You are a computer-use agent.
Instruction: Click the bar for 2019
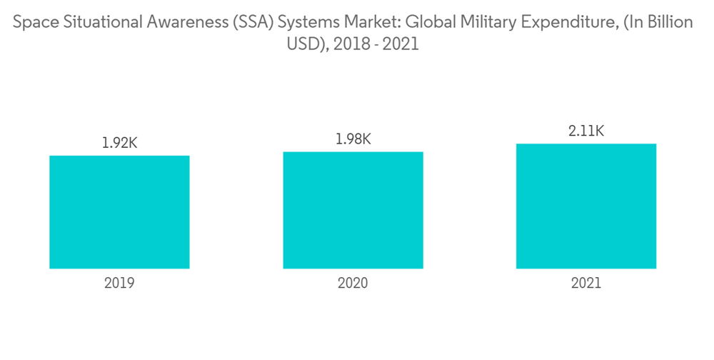119,212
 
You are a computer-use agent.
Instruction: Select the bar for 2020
353,210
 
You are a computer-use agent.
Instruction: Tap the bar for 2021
586,206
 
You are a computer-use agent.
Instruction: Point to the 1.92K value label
119,143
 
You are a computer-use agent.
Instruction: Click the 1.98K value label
353,139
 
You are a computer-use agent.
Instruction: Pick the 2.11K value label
586,131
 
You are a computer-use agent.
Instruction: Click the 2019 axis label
119,283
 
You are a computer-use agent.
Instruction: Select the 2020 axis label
353,283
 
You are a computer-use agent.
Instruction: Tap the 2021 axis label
586,283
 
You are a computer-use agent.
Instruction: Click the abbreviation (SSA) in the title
253,23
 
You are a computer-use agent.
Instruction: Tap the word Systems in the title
306,23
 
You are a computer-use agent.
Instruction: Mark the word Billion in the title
669,23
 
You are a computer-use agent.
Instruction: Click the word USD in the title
301,44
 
